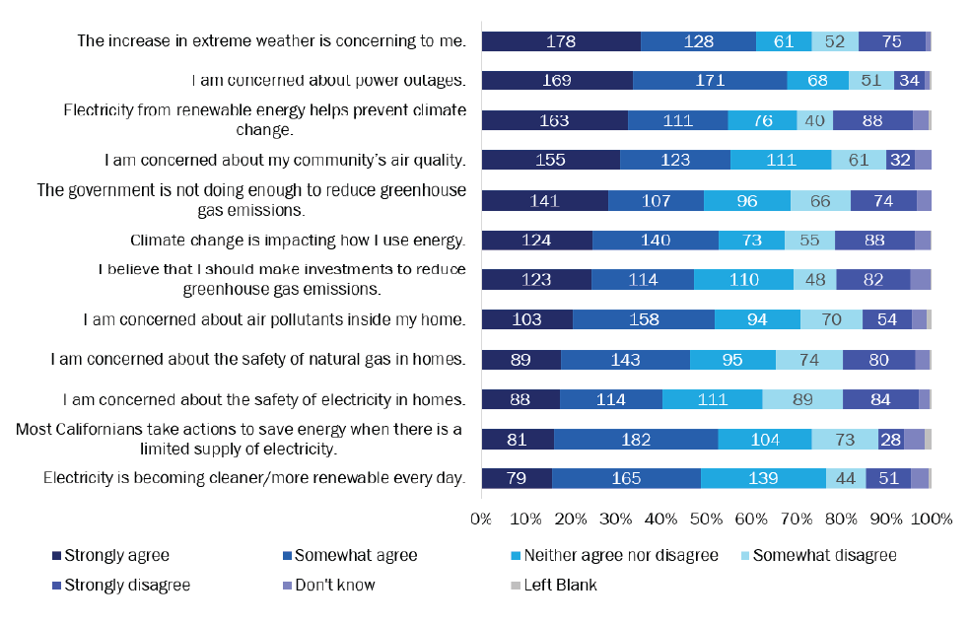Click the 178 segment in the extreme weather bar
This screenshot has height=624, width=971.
(x=561, y=40)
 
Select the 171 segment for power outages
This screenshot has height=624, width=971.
(x=710, y=81)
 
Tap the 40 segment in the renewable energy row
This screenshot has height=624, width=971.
(x=814, y=120)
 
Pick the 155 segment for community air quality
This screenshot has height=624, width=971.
(x=551, y=160)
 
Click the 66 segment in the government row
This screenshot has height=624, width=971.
(x=820, y=200)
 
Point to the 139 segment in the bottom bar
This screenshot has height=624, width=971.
(x=763, y=478)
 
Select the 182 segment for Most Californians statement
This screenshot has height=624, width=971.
(x=636, y=439)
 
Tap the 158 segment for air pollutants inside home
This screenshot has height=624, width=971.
(x=644, y=318)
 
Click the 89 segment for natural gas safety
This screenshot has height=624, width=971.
(x=521, y=359)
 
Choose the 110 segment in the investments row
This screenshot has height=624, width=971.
(x=743, y=279)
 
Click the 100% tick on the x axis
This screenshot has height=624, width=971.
(x=931, y=519)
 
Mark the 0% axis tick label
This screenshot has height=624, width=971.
(x=481, y=519)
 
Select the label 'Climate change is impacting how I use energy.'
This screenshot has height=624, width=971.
(x=298, y=240)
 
